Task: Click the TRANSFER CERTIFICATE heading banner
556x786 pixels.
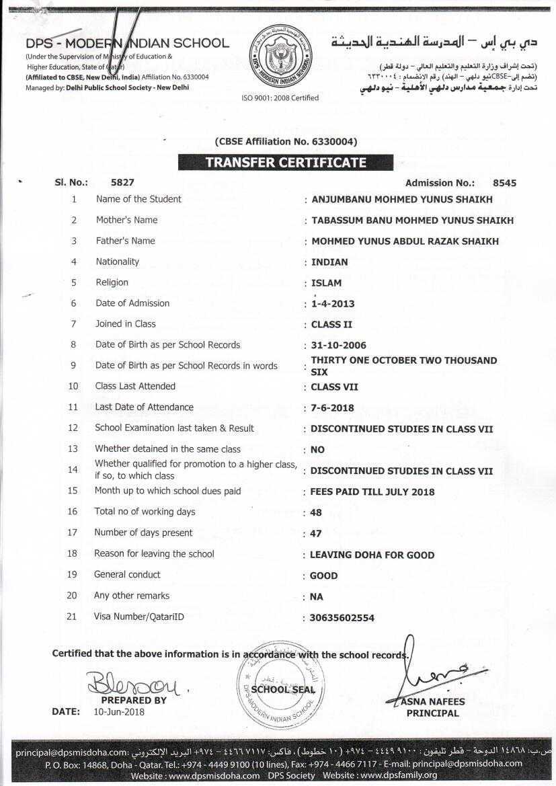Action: point(286,163)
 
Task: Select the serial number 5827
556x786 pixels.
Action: point(123,182)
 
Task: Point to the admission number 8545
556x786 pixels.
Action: point(504,183)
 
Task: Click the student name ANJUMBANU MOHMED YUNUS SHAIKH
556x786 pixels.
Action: point(401,199)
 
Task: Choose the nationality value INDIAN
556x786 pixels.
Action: point(329,262)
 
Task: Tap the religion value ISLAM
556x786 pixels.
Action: point(326,283)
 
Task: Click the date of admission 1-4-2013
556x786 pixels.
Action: point(333,303)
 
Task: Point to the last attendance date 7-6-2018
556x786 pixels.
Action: point(332,407)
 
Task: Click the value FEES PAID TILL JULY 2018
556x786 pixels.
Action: point(372,492)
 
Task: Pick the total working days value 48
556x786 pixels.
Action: point(316,512)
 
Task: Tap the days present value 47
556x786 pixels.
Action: point(316,533)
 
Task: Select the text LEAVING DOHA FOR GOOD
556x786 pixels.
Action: point(372,555)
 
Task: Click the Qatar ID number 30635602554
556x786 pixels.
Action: point(342,617)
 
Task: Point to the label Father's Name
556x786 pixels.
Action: point(125,241)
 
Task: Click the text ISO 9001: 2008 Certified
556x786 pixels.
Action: point(280,98)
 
